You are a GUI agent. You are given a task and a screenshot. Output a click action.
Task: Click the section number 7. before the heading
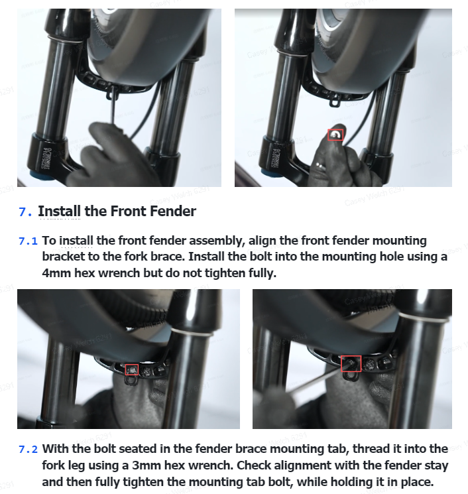point(25,212)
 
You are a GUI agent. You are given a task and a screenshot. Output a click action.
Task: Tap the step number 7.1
point(28,241)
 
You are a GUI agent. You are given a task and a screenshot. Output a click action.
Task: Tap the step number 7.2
point(28,450)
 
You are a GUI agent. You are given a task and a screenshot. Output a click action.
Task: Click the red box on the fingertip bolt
point(335,135)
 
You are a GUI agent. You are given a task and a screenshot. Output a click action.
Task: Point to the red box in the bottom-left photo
point(132,370)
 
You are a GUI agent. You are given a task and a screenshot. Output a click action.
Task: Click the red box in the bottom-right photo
point(351,363)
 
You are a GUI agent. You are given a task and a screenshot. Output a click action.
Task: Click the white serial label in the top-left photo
point(46,158)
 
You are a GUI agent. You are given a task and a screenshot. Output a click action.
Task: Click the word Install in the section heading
point(59,211)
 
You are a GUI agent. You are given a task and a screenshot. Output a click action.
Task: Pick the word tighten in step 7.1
point(226,273)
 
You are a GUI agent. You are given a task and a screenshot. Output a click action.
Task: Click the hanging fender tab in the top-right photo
point(335,102)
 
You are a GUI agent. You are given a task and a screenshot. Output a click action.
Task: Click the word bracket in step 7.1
point(63,257)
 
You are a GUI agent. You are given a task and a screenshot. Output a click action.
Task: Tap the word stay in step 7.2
point(436,465)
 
